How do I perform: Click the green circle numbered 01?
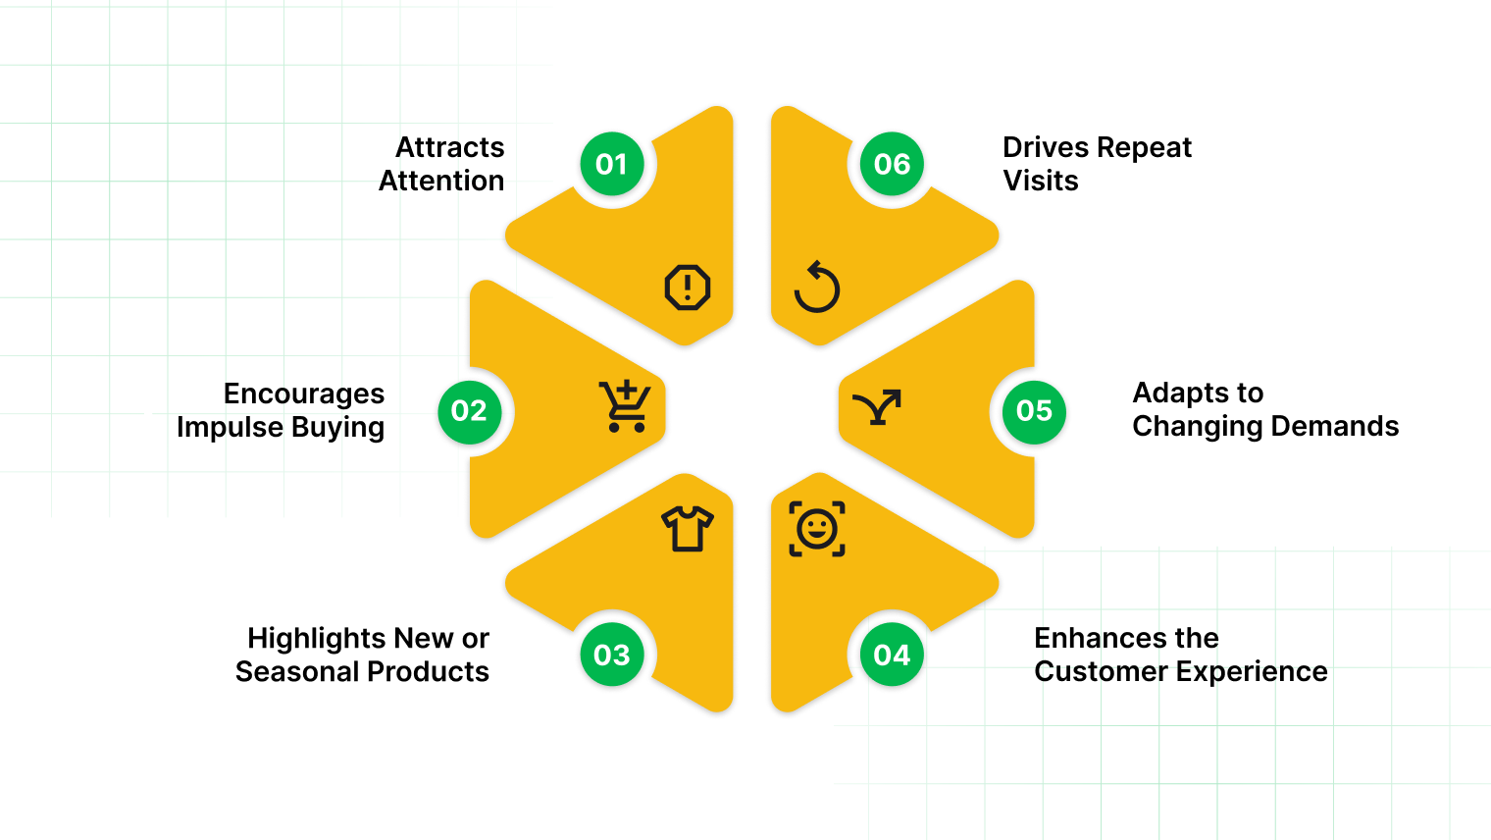[x=612, y=164]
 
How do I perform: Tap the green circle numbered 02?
[x=469, y=411]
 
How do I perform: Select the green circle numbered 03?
[x=612, y=655]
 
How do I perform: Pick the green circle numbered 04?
[x=892, y=655]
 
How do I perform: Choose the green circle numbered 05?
[x=1034, y=411]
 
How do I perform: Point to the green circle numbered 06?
[x=892, y=164]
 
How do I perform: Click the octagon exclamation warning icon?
[x=688, y=288]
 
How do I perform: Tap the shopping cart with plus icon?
[x=625, y=406]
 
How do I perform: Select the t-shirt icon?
[x=687, y=529]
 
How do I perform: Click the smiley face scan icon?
[x=817, y=529]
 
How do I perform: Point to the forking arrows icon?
[x=877, y=406]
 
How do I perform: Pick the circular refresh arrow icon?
[x=817, y=288]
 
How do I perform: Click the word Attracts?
[x=449, y=147]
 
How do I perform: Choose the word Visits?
[x=1040, y=181]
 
